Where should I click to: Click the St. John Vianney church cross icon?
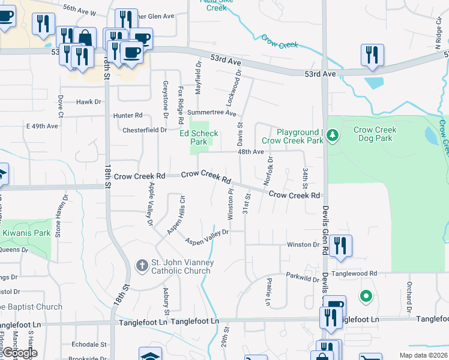click(142, 265)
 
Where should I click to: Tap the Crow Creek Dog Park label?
click(375, 134)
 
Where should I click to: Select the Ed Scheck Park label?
click(199, 138)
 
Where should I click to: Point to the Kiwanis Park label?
click(25, 233)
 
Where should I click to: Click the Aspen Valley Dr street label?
click(207, 237)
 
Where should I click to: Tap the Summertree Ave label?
click(212, 112)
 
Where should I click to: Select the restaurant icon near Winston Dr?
click(340, 245)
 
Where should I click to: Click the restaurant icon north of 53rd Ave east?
click(372, 55)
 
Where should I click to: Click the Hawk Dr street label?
click(89, 102)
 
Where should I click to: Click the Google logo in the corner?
click(19, 353)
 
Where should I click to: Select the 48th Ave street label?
click(250, 152)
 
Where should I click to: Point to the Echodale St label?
click(88, 345)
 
